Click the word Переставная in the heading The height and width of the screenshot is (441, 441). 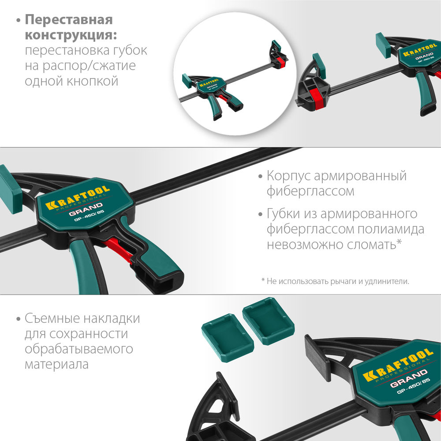(69, 20)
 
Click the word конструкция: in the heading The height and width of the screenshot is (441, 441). (73, 35)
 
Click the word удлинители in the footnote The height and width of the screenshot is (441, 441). (387, 281)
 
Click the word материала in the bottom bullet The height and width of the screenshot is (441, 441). (56, 364)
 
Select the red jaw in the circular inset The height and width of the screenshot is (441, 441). (279, 61)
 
